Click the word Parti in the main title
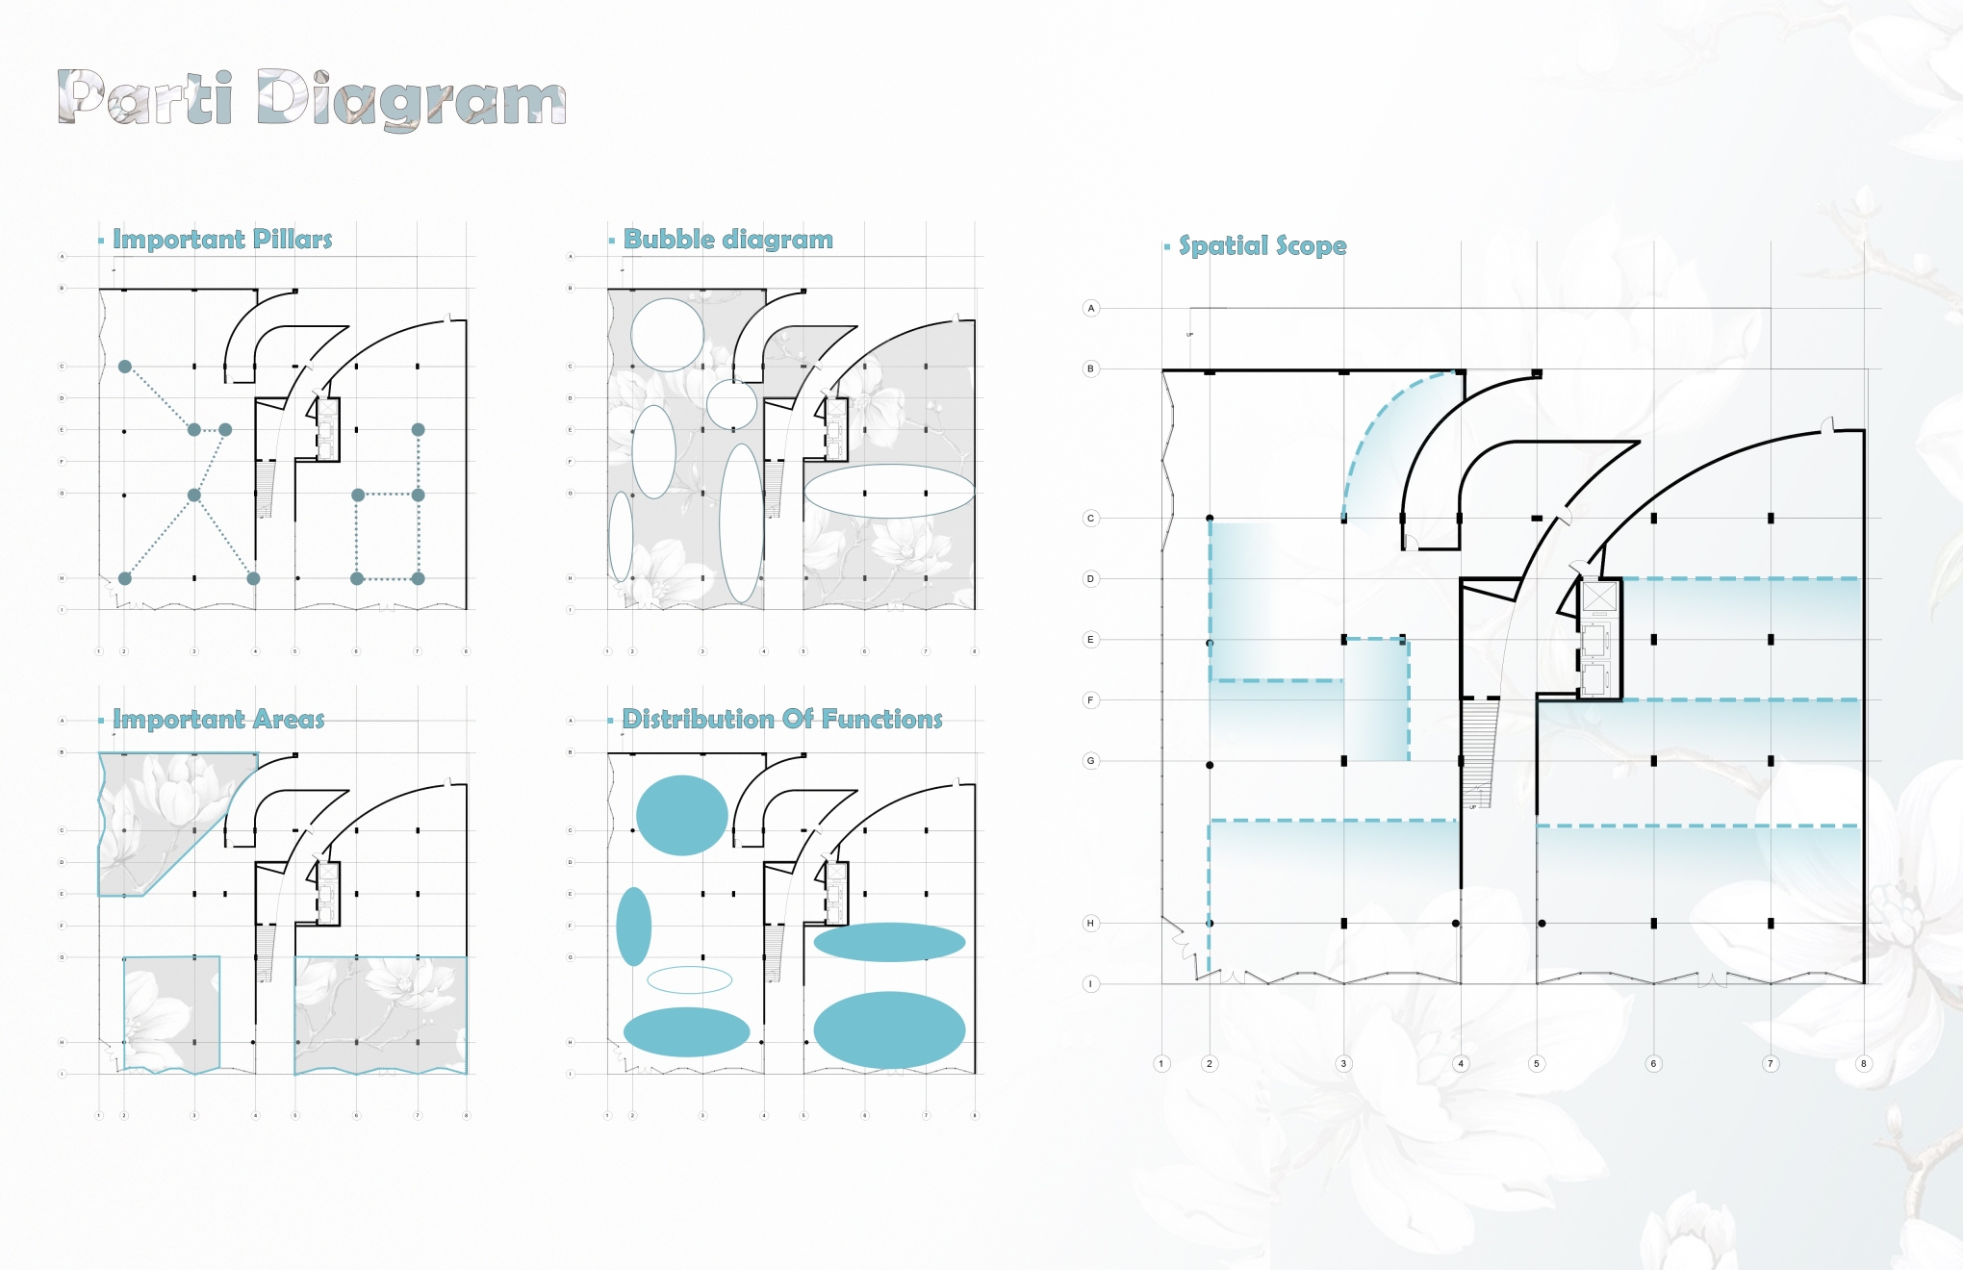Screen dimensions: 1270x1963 (145, 98)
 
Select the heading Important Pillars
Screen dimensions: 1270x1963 (222, 240)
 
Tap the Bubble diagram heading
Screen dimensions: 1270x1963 (728, 240)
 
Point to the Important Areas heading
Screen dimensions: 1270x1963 (218, 720)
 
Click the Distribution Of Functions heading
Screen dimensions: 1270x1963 (782, 720)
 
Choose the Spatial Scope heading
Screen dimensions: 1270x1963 (1262, 246)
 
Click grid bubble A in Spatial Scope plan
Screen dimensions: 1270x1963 (1090, 309)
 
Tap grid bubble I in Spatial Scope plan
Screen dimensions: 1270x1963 (1090, 984)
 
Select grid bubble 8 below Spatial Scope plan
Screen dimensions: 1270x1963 (1864, 1064)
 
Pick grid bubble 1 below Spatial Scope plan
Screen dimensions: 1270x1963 (1161, 1064)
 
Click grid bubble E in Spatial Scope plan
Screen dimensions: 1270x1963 (1090, 640)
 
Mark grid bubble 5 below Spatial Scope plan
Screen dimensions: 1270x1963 (1536, 1064)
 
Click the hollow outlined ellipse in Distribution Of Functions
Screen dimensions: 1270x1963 (689, 980)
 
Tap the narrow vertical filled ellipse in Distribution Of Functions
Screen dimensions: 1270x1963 (633, 927)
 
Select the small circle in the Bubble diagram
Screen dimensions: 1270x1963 (731, 404)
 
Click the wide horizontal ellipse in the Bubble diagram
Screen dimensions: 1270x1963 (889, 491)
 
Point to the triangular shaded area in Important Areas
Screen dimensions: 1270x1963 (154, 818)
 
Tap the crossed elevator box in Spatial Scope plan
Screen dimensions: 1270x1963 (1599, 597)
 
